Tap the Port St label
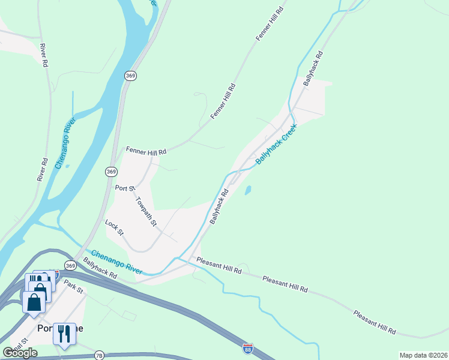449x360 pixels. click(124, 188)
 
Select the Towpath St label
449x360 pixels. click(146, 212)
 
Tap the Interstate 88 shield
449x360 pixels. click(248, 349)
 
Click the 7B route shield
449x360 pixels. click(99, 355)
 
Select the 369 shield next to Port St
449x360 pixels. click(110, 172)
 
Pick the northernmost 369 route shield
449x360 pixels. click(130, 76)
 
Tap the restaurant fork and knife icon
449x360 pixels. click(64, 334)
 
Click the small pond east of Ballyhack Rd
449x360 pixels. click(247, 191)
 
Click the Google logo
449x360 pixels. click(20, 353)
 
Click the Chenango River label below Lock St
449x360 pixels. click(118, 262)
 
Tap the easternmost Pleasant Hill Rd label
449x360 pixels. click(375, 322)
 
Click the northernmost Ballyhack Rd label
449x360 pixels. click(313, 67)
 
